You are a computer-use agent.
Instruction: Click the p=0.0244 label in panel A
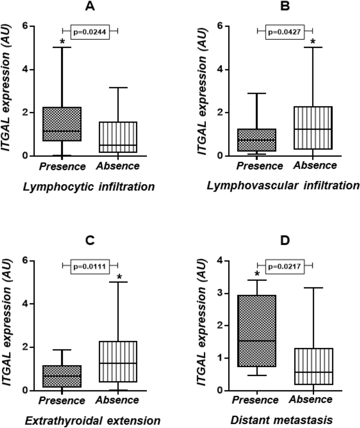[x=90, y=32]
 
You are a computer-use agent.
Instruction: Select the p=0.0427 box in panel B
[x=285, y=32]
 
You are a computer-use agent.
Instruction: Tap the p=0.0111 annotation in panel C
[x=90, y=266]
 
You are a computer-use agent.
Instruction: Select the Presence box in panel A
[x=62, y=124]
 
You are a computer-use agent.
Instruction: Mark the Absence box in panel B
[x=313, y=128]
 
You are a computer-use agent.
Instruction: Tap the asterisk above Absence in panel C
[x=119, y=277]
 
